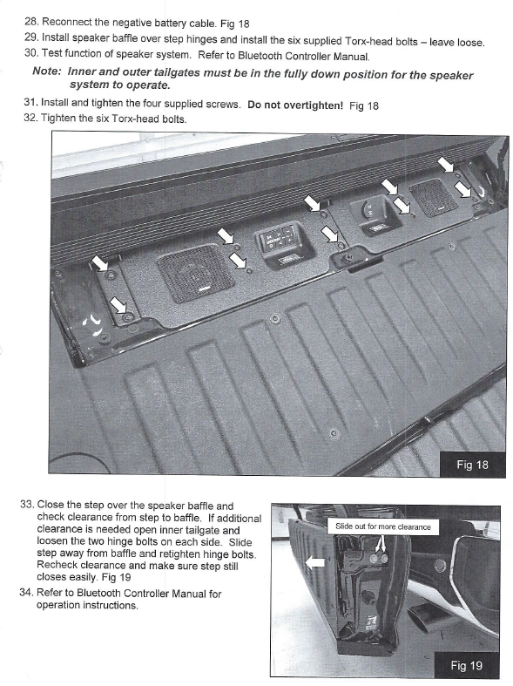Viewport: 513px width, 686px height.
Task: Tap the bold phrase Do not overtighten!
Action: coord(295,105)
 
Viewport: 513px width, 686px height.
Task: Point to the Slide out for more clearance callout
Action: coord(383,526)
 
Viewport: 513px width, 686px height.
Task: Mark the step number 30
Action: coord(32,55)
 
